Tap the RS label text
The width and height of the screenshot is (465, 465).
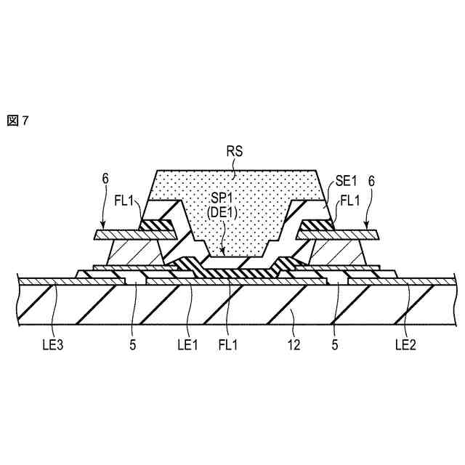[x=235, y=153]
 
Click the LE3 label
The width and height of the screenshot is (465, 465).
[x=53, y=341]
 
